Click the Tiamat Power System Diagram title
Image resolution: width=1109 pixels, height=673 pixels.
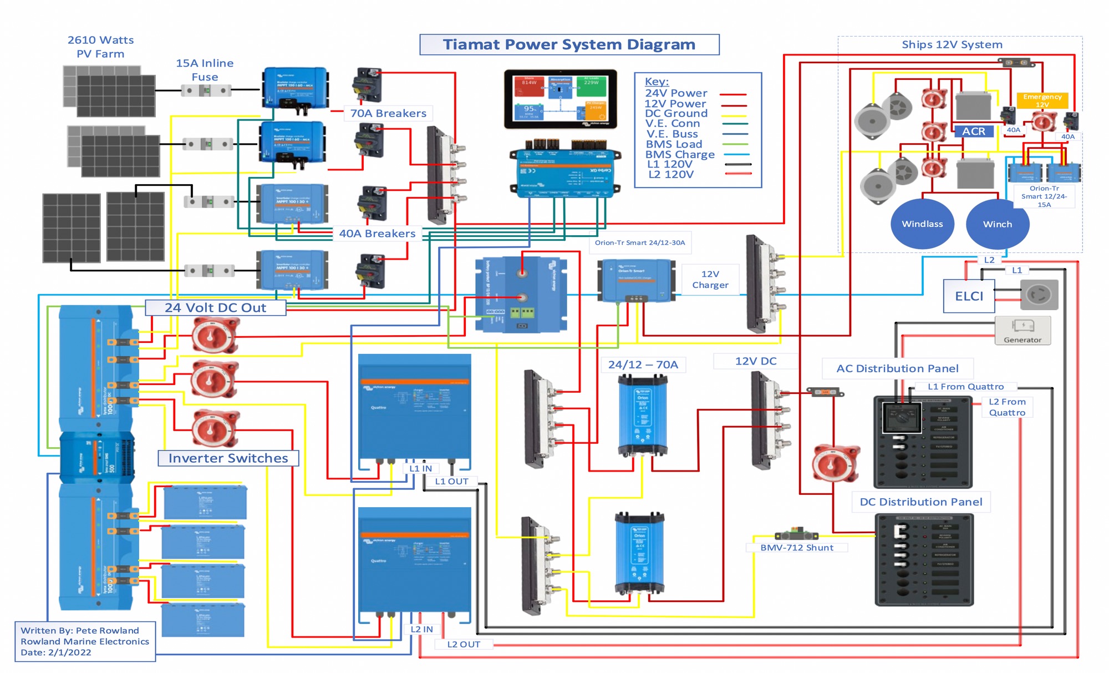[569, 44]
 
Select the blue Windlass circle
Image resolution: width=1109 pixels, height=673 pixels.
[922, 224]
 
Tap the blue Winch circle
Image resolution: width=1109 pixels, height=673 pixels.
[997, 224]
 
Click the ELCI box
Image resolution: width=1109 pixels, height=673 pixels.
[969, 296]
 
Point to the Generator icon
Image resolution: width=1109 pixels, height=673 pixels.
[1022, 330]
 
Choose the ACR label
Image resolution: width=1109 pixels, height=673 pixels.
[974, 131]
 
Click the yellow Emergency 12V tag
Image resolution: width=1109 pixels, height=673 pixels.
[1042, 100]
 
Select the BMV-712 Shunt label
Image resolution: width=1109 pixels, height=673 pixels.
[796, 548]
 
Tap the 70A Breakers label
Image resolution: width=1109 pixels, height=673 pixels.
[388, 113]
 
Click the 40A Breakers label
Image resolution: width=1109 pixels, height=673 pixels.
[377, 234]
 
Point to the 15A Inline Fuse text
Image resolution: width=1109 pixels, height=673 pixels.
[205, 70]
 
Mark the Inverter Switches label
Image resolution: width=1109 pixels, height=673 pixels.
[228, 458]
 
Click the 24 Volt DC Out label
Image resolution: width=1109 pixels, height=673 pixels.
[215, 308]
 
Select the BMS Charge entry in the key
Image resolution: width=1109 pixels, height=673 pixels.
[680, 154]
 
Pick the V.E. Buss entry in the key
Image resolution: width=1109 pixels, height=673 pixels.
[672, 134]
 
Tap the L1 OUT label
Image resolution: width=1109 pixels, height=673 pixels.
[451, 482]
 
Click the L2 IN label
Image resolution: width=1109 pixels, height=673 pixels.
[421, 629]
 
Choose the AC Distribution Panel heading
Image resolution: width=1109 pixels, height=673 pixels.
[897, 368]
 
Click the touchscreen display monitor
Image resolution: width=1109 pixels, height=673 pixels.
[560, 99]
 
